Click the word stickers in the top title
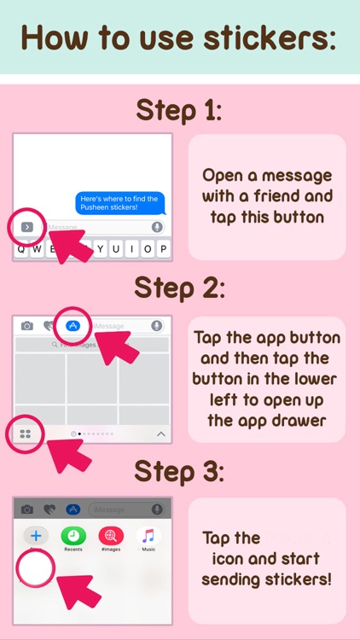point(271,38)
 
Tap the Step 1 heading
point(180,112)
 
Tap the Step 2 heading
point(180,289)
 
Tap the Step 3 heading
point(180,471)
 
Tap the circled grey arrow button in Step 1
point(27,227)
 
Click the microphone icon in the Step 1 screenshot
point(157,227)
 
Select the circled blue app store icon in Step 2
point(73,325)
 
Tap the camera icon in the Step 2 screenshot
point(27,326)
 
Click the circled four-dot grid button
point(26,433)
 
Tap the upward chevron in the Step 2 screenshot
point(160,434)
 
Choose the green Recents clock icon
point(73,535)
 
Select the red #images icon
point(111,535)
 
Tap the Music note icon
point(148,536)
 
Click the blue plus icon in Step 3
point(36,535)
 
